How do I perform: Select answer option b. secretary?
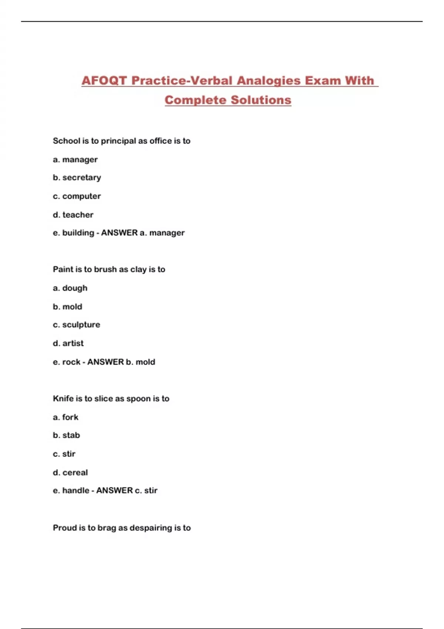77,178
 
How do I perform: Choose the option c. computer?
77,196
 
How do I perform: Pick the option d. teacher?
73,215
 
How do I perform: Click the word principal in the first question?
118,141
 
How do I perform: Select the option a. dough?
70,288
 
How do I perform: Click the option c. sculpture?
77,324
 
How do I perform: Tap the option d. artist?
68,343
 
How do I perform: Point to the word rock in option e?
71,362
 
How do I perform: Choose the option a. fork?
66,417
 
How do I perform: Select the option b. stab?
67,435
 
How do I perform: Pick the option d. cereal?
70,472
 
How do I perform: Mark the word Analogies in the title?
268,81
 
